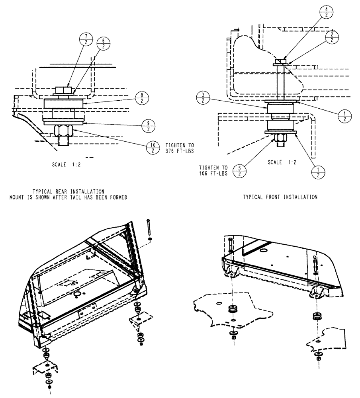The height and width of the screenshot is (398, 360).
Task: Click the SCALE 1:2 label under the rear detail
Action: point(66,164)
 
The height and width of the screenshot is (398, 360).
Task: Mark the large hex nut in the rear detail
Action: point(64,130)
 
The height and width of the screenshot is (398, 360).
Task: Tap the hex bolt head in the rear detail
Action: point(63,90)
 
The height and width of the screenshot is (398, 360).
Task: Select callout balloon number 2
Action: point(332,38)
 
